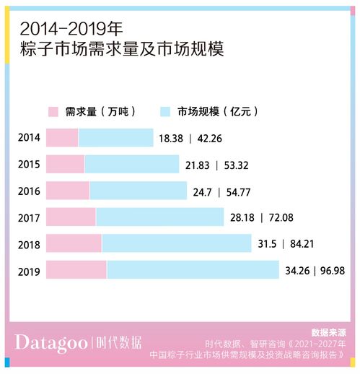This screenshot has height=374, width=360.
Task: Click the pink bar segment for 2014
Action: (x=62, y=138)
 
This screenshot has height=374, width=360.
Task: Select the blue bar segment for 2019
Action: (x=193, y=270)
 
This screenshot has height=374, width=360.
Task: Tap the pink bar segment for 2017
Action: (x=71, y=217)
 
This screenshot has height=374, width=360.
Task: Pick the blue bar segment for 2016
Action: (x=138, y=191)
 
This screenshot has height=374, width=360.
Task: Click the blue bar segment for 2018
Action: (x=176, y=243)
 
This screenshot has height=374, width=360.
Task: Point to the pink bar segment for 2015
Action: (x=65, y=165)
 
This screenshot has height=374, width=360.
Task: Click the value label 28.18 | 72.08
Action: (x=262, y=218)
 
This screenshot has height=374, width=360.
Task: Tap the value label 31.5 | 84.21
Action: (x=288, y=244)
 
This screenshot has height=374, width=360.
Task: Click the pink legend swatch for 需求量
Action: (x=53, y=112)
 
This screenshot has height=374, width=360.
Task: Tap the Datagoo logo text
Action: (x=52, y=342)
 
